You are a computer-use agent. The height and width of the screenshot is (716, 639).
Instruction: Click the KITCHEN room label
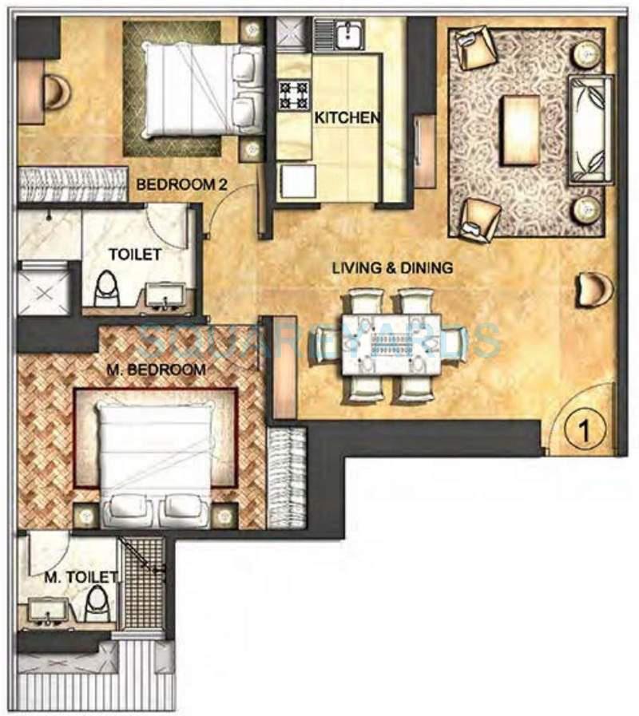coord(347,117)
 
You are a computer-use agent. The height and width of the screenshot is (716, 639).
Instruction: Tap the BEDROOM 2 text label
coord(182,184)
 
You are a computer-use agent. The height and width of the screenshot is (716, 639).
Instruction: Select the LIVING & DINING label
coord(392,268)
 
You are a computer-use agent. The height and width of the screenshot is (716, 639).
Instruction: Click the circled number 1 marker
coord(584,432)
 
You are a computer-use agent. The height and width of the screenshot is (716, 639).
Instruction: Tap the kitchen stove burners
coord(293,95)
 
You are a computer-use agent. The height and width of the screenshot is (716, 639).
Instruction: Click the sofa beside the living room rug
coord(589,129)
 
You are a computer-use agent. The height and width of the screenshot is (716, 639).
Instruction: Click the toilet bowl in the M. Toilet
coord(96,604)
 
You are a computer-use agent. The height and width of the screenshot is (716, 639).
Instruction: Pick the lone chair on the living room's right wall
coord(593,288)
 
